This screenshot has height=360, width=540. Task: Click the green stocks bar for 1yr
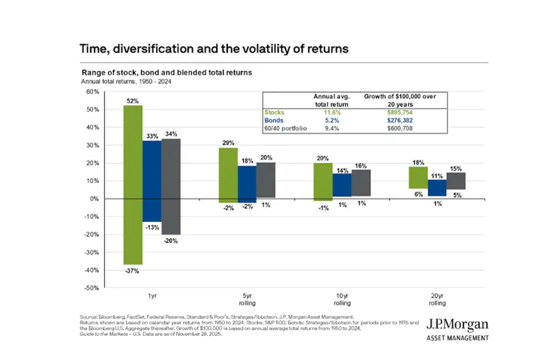(133, 184)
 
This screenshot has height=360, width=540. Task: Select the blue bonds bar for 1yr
(152, 181)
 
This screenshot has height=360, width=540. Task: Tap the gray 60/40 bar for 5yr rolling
(265, 180)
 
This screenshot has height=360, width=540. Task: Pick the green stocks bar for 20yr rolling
(418, 177)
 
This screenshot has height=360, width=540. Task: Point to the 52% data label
(133, 100)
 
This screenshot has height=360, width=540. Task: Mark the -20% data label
(171, 241)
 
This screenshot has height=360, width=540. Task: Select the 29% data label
(228, 142)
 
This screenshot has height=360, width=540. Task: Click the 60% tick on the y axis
(92, 92)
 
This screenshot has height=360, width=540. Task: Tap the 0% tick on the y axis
(94, 199)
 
